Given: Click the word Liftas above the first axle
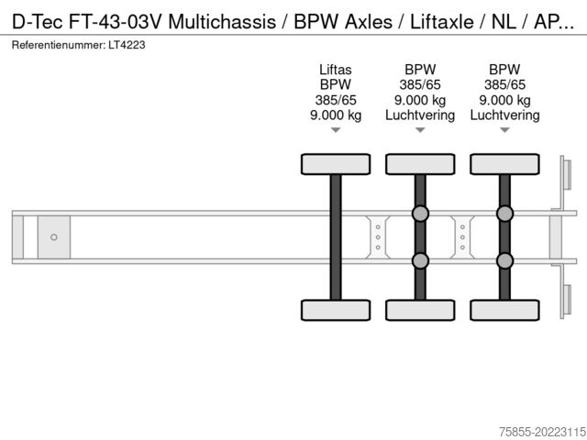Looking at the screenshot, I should (x=336, y=69).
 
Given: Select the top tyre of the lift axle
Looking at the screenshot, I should (x=336, y=164).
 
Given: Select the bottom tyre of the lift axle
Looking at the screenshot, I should (x=336, y=310).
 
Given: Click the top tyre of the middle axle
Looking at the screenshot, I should (x=420, y=164).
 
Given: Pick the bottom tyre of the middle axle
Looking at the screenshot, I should (x=420, y=310).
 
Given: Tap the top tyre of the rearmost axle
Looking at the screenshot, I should (x=504, y=164).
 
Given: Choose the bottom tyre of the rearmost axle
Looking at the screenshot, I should (x=504, y=310).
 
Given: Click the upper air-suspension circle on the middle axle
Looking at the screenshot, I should (x=420, y=214).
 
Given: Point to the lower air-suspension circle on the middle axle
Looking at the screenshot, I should (x=420, y=261).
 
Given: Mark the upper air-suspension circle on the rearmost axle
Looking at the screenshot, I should (x=504, y=214).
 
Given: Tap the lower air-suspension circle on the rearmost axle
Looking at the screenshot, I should (x=504, y=261).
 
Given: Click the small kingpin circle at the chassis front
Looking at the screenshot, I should (x=54, y=237).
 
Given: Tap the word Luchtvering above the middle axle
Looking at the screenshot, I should (x=420, y=115).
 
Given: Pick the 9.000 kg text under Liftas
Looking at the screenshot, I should (x=336, y=115).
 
